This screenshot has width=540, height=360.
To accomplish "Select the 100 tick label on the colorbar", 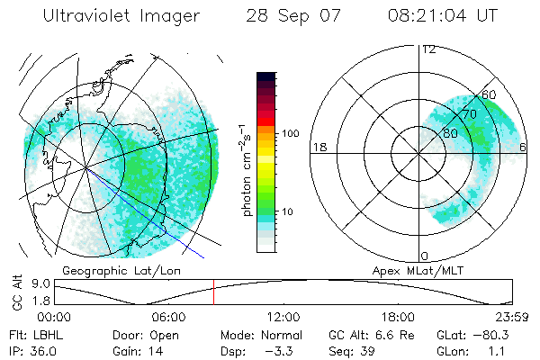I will click(x=289, y=133).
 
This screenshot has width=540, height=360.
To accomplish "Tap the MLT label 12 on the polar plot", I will click(x=428, y=49).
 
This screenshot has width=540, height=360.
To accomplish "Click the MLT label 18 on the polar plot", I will click(x=318, y=147).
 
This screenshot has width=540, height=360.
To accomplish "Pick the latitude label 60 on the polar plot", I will click(x=490, y=94).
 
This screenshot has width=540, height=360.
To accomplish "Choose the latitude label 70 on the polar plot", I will click(x=468, y=115).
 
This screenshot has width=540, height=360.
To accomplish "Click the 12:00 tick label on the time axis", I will click(x=283, y=318).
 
